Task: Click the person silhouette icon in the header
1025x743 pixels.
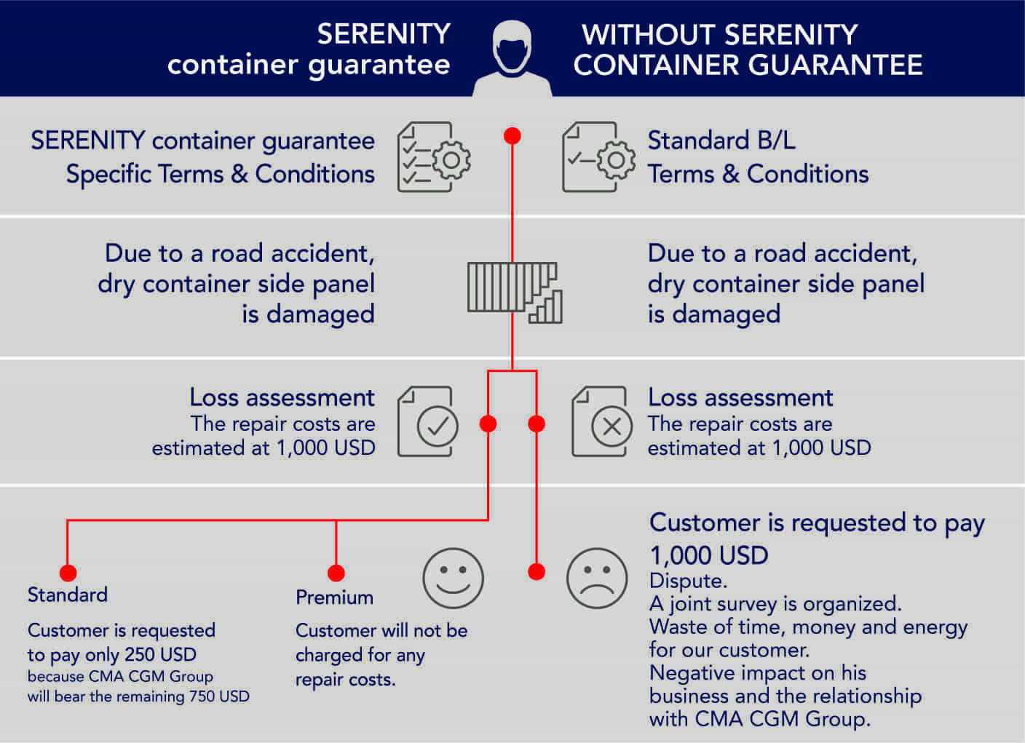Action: pyautogui.click(x=512, y=55)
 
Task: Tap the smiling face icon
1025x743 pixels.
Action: pyautogui.click(x=453, y=579)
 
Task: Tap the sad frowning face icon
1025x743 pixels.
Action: pyautogui.click(x=597, y=579)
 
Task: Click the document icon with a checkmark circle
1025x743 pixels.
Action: pyautogui.click(x=428, y=422)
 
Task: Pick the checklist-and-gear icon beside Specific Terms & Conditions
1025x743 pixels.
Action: pyautogui.click(x=433, y=157)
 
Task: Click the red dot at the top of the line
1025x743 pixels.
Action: pyautogui.click(x=512, y=136)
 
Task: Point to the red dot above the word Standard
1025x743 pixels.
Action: pyautogui.click(x=68, y=573)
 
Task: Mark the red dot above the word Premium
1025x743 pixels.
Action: pyautogui.click(x=336, y=573)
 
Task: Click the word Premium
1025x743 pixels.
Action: pyautogui.click(x=334, y=597)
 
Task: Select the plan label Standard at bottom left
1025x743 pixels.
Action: pyautogui.click(x=68, y=595)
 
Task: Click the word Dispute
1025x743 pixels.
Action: pyautogui.click(x=687, y=581)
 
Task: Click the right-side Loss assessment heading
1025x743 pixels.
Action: pyautogui.click(x=740, y=397)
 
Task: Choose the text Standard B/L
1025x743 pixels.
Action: pyautogui.click(x=721, y=140)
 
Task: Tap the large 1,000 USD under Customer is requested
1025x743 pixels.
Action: pyautogui.click(x=708, y=555)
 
